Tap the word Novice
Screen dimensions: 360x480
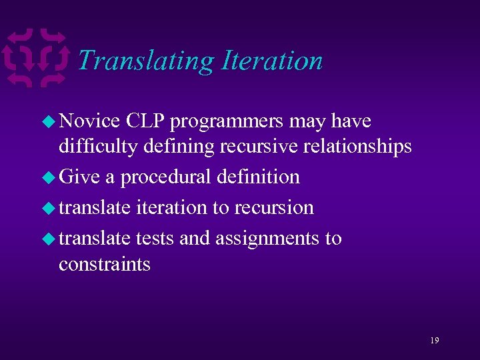click(x=89, y=121)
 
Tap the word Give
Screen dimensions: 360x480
click(x=79, y=177)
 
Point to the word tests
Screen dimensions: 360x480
click(x=155, y=238)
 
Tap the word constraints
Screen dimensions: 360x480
click(x=105, y=264)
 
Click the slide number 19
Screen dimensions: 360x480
click(x=434, y=340)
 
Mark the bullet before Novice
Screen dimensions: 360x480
click(x=49, y=122)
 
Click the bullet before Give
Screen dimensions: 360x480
click(x=49, y=177)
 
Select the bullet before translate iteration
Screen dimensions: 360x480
click(x=49, y=208)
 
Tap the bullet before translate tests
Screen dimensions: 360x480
click(x=49, y=239)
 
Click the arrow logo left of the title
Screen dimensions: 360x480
click(x=36, y=58)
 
